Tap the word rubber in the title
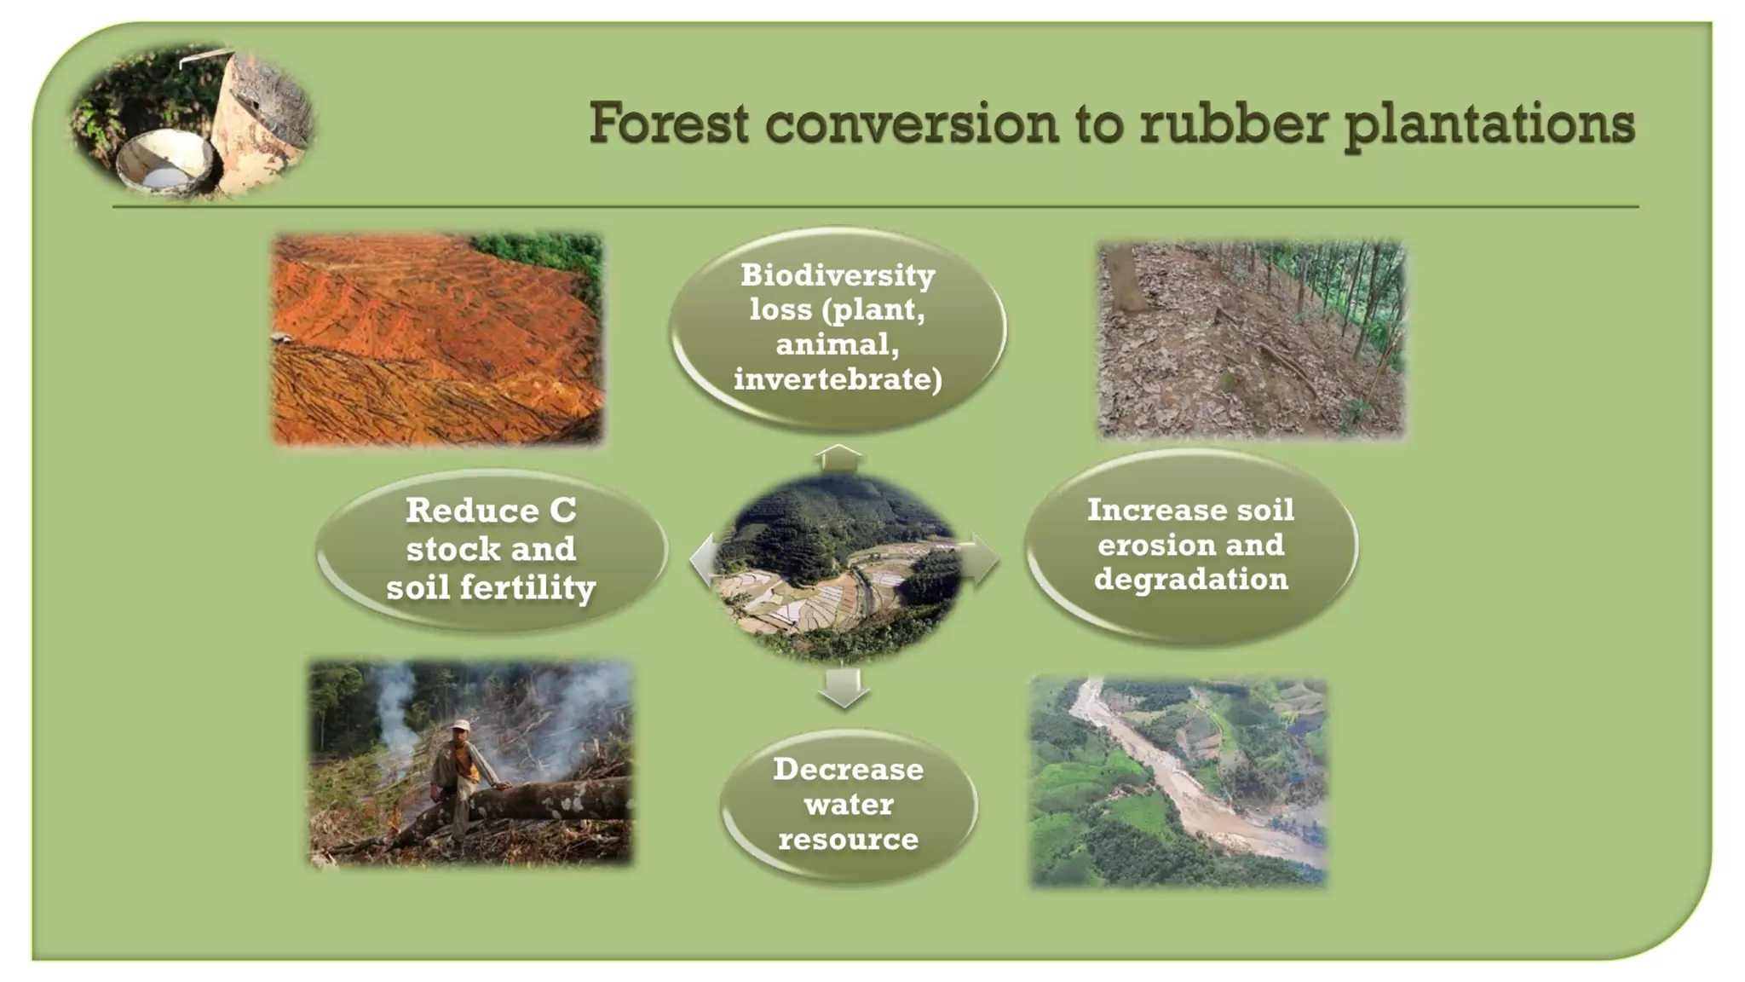[x=1234, y=123]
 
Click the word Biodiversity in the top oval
[x=838, y=275]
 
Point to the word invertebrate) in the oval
[x=838, y=379]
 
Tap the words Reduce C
[x=491, y=511]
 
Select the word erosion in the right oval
[x=1190, y=545]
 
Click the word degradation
[x=1190, y=580]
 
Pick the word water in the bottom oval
[x=849, y=805]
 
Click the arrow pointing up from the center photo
[x=838, y=458]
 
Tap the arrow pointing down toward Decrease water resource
[x=844, y=687]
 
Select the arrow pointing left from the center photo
[x=704, y=560]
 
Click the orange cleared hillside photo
[x=436, y=339]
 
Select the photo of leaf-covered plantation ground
[x=1250, y=339]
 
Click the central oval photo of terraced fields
[x=839, y=567]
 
